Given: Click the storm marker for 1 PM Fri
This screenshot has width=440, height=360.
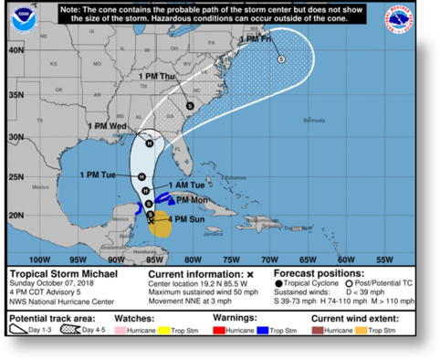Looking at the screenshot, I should [x=281, y=58].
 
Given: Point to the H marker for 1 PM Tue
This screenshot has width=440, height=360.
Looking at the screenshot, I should [x=142, y=176].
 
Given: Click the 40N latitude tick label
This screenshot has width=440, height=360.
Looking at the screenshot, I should [x=16, y=50].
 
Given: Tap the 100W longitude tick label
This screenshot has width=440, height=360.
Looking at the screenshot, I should [x=40, y=259].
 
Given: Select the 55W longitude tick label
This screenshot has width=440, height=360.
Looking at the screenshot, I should [x=385, y=259].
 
